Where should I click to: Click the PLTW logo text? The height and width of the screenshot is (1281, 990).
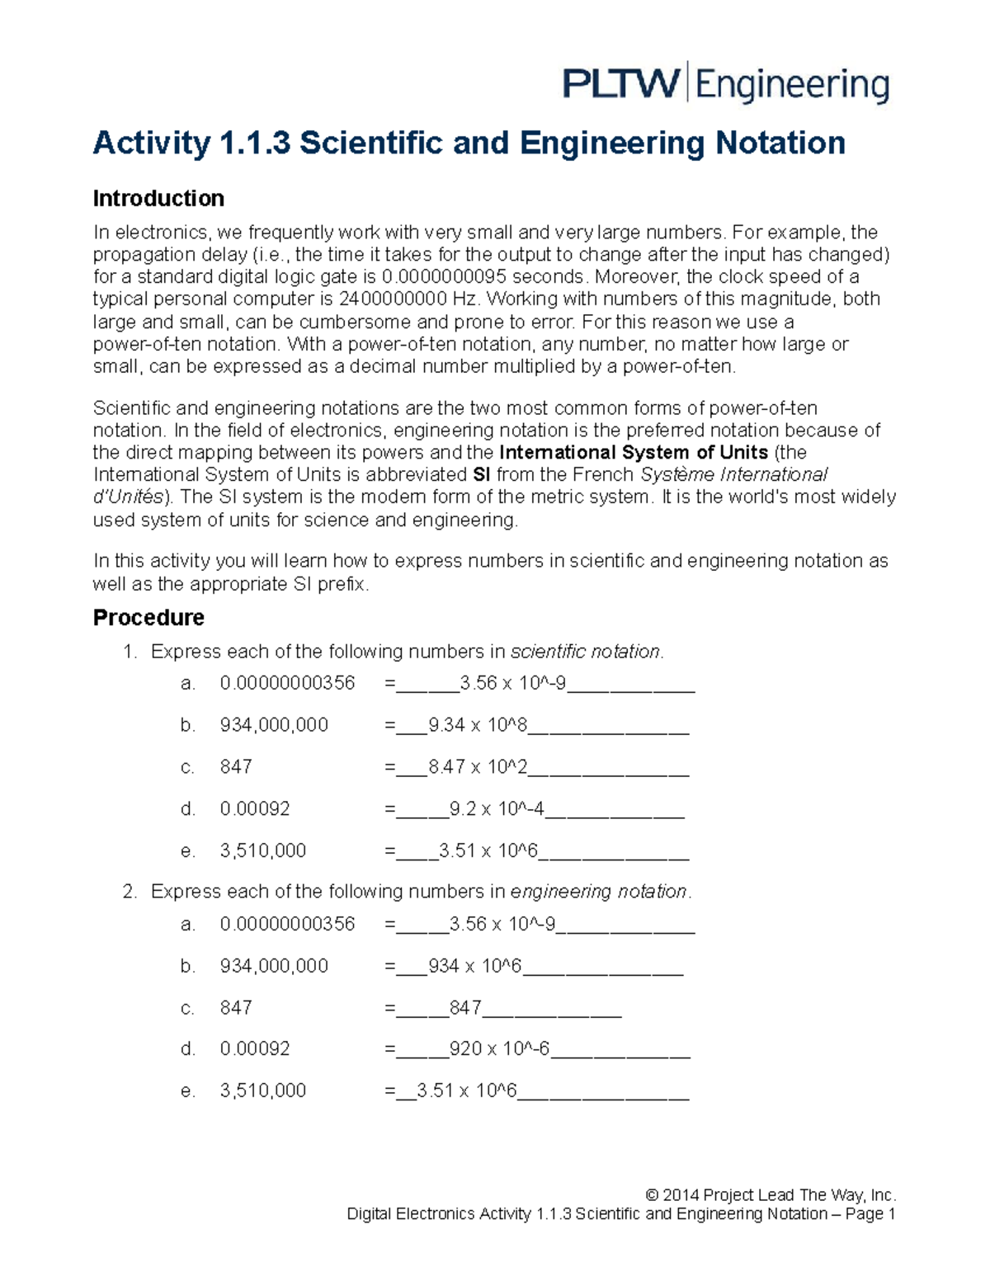[620, 83]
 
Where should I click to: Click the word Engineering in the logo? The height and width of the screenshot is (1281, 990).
[793, 85]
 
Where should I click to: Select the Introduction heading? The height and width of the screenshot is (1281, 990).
[158, 199]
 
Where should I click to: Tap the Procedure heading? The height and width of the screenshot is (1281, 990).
[148, 618]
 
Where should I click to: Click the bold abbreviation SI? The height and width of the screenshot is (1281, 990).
[482, 475]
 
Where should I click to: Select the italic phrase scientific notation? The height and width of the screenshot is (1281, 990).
[585, 652]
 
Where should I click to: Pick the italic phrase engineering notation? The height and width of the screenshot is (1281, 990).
[598, 892]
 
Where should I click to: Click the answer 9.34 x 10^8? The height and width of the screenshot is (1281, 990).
[478, 726]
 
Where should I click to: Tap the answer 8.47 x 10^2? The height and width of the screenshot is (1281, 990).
[478, 767]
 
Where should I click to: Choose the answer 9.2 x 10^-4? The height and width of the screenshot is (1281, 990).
[497, 809]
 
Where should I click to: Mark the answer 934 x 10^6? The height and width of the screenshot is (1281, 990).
[475, 967]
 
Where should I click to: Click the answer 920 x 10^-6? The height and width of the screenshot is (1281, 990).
[499, 1049]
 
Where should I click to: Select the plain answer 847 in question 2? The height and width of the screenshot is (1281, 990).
[465, 1008]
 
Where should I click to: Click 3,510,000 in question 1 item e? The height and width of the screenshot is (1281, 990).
[262, 851]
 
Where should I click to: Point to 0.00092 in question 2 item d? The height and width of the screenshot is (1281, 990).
[255, 1049]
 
